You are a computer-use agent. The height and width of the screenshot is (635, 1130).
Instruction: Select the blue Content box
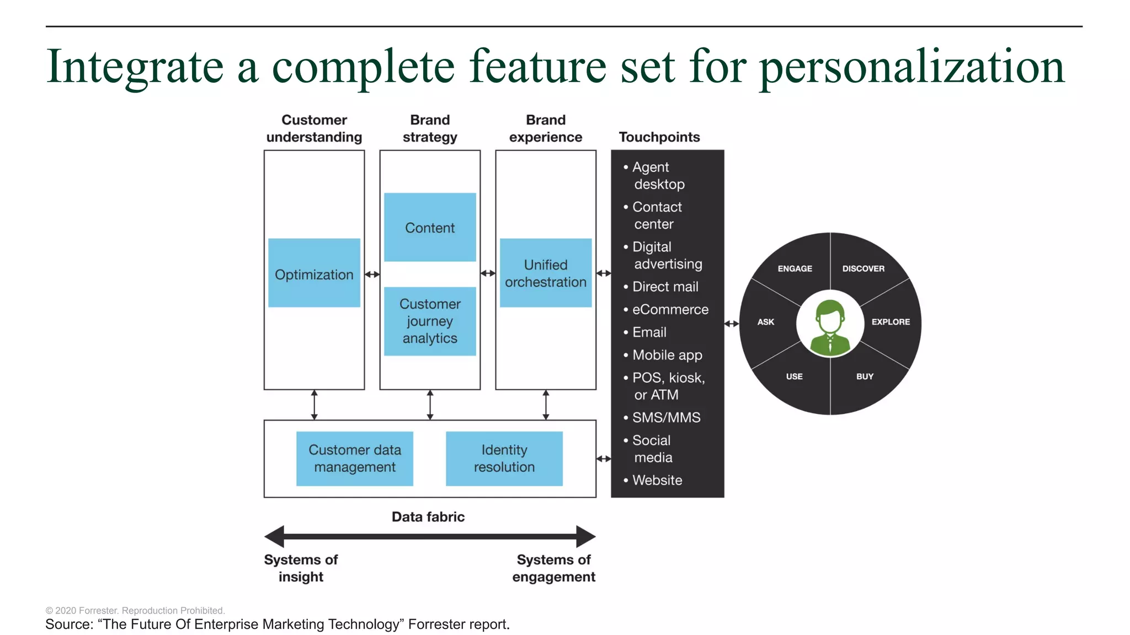pyautogui.click(x=430, y=227)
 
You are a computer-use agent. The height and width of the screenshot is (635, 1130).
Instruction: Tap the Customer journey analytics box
pyautogui.click(x=430, y=321)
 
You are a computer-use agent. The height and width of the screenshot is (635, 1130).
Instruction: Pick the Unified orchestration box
pyautogui.click(x=546, y=273)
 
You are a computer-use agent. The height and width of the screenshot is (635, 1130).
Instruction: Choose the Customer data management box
pyautogui.click(x=355, y=458)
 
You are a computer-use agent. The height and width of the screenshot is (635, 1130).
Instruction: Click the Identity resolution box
pyautogui.click(x=504, y=458)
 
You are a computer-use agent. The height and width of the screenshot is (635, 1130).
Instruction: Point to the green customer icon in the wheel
pyautogui.click(x=830, y=326)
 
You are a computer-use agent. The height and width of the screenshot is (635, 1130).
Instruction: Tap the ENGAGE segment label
pyautogui.click(x=795, y=268)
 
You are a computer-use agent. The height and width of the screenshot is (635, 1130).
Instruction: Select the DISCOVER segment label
pyautogui.click(x=863, y=268)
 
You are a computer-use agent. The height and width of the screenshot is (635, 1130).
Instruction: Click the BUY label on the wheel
pyautogui.click(x=865, y=376)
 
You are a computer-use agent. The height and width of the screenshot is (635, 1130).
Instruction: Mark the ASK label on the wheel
pyautogui.click(x=765, y=322)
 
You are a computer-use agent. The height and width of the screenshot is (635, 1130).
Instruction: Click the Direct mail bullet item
pyautogui.click(x=665, y=287)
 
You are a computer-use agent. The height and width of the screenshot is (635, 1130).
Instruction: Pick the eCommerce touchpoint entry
pyautogui.click(x=670, y=309)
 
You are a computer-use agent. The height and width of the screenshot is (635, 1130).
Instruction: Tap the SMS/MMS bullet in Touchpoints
pyautogui.click(x=666, y=417)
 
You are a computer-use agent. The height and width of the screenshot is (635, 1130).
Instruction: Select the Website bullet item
pyautogui.click(x=657, y=480)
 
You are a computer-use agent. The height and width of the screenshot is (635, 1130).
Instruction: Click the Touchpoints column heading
pyautogui.click(x=659, y=137)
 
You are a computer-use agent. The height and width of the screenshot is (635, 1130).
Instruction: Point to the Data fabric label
pyautogui.click(x=428, y=516)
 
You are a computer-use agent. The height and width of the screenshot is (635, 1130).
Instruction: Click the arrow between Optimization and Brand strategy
pyautogui.click(x=372, y=274)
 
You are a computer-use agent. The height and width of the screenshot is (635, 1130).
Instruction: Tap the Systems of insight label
pyautogui.click(x=301, y=568)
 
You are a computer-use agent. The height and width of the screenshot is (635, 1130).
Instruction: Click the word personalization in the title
pyautogui.click(x=912, y=67)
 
